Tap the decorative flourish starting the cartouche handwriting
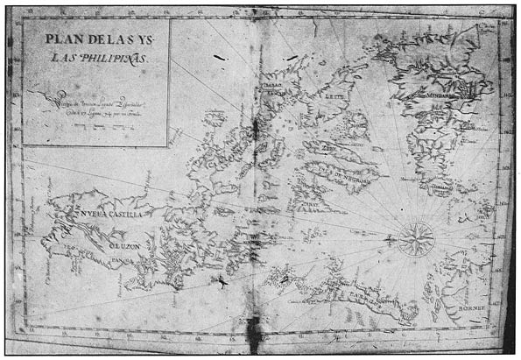click(42, 93)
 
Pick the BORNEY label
click(473, 308)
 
